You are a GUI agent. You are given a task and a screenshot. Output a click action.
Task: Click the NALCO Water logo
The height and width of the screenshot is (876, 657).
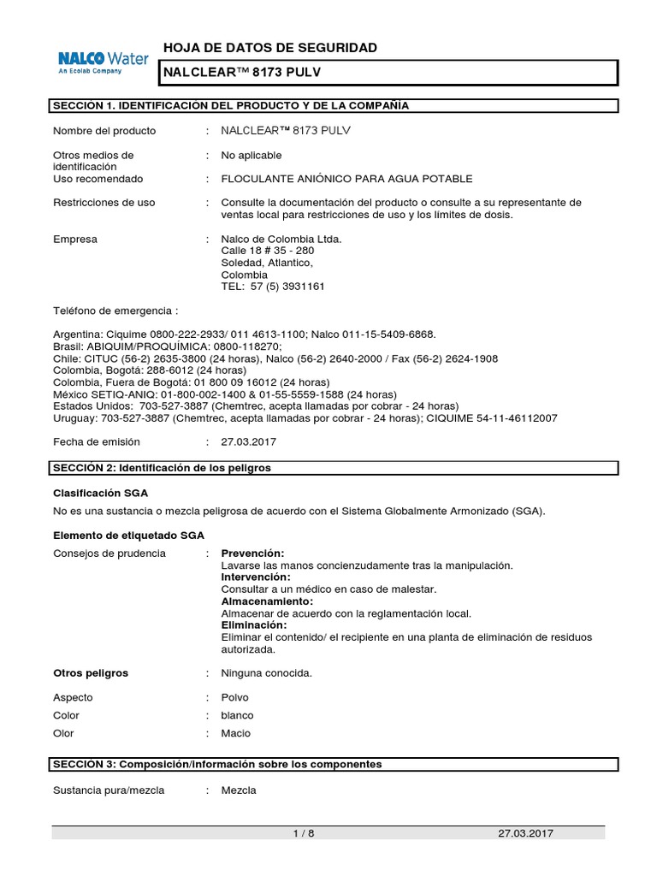(x=103, y=62)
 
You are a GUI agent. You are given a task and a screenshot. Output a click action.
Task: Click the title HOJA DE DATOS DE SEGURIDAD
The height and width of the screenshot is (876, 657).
(x=269, y=48)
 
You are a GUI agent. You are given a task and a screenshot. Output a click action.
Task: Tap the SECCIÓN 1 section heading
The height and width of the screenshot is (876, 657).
(x=231, y=105)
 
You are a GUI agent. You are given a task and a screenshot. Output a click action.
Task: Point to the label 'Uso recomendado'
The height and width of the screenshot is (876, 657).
(x=98, y=179)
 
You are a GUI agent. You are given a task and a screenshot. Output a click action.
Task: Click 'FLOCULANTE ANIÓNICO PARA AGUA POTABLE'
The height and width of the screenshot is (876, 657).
(x=346, y=179)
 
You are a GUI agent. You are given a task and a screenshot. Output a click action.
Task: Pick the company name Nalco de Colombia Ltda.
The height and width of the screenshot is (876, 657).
(x=281, y=239)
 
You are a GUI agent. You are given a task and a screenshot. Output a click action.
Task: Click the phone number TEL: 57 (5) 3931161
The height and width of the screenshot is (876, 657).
(x=273, y=287)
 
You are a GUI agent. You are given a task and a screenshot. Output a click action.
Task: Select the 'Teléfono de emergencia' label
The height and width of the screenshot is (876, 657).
(x=115, y=311)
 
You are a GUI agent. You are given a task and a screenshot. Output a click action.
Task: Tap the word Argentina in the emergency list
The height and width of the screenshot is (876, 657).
(x=76, y=334)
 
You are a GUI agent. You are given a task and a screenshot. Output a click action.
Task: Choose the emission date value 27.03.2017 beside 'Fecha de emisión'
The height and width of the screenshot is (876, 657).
(x=249, y=442)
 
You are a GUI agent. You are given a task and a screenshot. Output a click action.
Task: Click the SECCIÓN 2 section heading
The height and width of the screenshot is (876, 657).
(x=163, y=468)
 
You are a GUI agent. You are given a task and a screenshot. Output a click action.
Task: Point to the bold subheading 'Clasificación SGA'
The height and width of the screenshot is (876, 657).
(x=106, y=493)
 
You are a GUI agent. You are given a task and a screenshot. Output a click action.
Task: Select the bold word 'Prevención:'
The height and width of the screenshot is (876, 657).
(x=252, y=553)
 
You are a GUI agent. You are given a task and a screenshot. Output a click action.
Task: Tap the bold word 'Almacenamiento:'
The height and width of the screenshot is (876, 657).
(x=267, y=601)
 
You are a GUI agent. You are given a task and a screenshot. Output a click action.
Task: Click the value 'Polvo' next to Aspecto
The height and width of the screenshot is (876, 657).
(x=235, y=697)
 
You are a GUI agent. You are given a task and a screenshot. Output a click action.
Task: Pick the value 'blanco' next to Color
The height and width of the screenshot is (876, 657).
(x=238, y=715)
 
